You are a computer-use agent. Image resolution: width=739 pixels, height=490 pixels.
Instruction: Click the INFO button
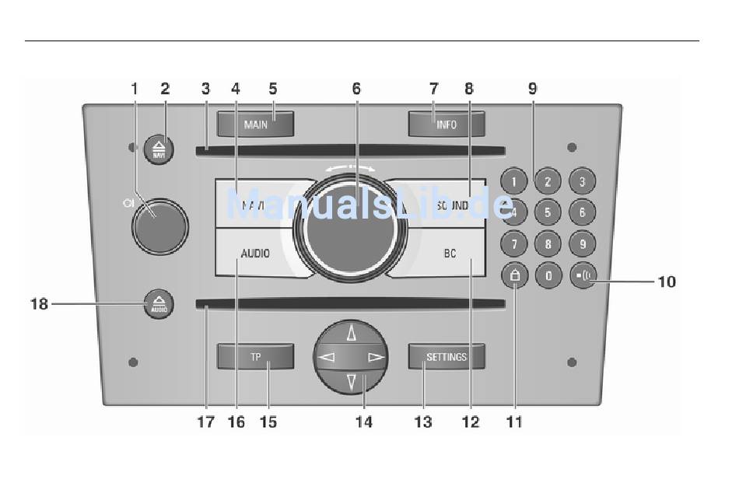[x=447, y=124]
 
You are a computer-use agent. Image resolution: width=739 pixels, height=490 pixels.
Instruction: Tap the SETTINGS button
[x=447, y=357]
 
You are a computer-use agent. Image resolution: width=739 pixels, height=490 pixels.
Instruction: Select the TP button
[x=255, y=357]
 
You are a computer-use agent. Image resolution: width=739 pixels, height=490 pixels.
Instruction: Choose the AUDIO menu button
[x=255, y=253]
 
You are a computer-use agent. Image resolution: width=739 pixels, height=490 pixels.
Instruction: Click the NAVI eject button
[x=159, y=148]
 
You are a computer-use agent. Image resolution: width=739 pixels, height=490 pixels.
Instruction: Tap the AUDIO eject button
[x=159, y=304]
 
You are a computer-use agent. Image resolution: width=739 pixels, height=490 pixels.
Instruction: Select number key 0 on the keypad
[x=548, y=276]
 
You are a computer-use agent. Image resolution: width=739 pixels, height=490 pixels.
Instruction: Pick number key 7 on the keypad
[x=514, y=243]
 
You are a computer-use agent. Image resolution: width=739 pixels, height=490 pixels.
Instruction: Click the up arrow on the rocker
[x=351, y=334]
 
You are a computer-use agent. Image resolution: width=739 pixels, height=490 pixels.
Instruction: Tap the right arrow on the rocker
[x=375, y=358]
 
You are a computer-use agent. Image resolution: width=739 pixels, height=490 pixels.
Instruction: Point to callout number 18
[x=39, y=304]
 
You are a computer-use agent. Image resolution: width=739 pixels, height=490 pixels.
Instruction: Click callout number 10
[x=667, y=281]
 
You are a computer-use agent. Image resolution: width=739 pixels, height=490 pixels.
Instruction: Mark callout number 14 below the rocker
[x=363, y=422]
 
